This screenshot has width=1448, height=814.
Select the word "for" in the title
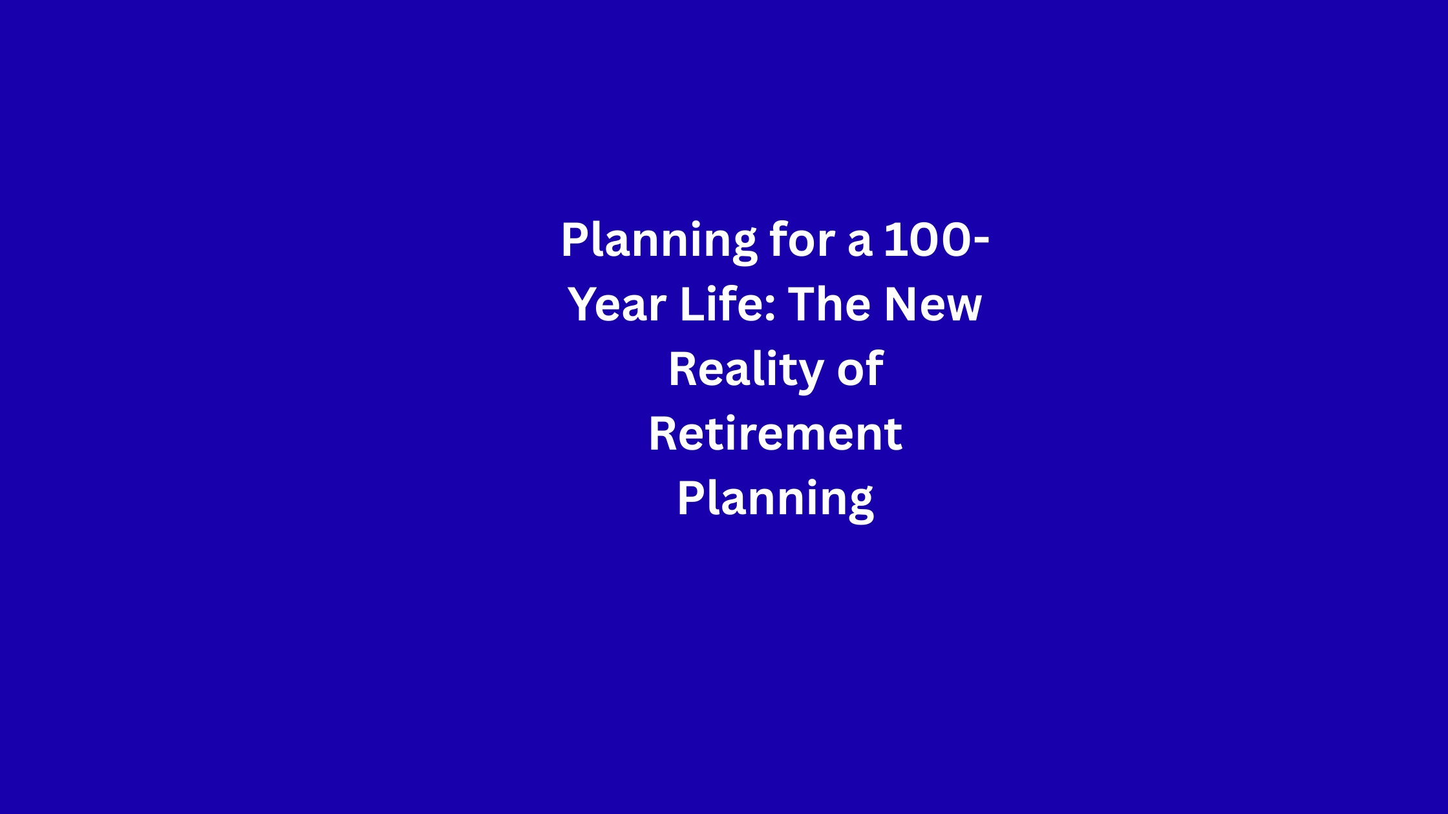click(x=802, y=239)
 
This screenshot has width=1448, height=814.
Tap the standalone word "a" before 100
click(x=860, y=243)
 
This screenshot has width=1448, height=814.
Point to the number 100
click(x=927, y=240)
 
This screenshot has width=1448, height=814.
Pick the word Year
click(x=617, y=304)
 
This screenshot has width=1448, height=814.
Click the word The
click(x=829, y=304)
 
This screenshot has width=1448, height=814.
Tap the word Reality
click(x=746, y=371)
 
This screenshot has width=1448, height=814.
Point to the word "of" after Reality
click(x=860, y=368)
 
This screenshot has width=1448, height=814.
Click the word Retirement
click(x=775, y=433)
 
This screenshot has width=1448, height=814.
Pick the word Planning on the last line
click(x=776, y=500)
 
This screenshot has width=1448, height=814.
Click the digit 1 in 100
click(x=894, y=240)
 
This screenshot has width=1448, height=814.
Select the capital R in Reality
click(x=684, y=369)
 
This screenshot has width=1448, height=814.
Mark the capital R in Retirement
click(x=664, y=433)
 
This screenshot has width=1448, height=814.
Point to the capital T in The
click(x=803, y=304)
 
